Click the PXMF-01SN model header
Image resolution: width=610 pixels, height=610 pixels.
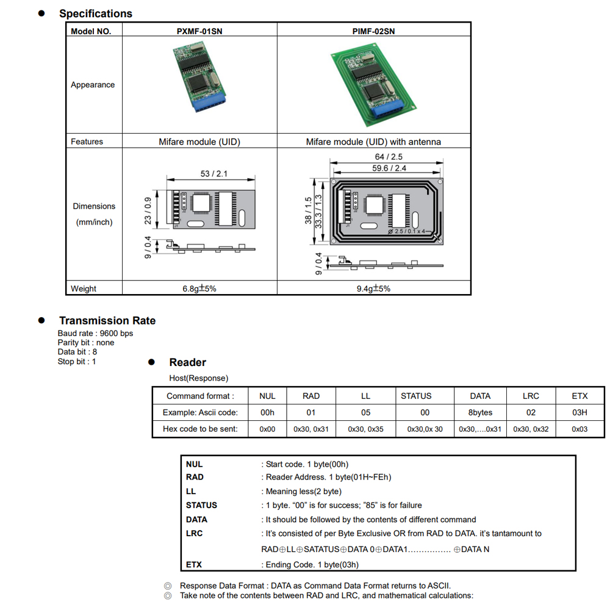pyautogui.click(x=199, y=31)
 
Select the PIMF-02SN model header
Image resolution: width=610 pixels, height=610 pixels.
pyautogui.click(x=373, y=31)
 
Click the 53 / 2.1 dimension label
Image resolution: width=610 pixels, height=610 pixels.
pyautogui.click(x=213, y=174)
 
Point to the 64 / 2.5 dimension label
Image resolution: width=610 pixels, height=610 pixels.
pyautogui.click(x=389, y=157)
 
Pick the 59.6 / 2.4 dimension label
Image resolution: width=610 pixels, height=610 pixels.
pyautogui.click(x=389, y=168)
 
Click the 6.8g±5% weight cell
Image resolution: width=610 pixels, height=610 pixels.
pyautogui.click(x=199, y=289)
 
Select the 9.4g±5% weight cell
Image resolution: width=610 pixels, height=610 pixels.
pyautogui.click(x=373, y=289)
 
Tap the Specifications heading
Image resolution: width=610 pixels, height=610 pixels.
pyautogui.click(x=96, y=13)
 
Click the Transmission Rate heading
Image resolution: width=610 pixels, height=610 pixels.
pyautogui.click(x=107, y=321)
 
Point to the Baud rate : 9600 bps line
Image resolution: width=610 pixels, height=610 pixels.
pyautogui.click(x=95, y=334)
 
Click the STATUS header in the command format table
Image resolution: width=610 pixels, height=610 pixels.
pyautogui.click(x=416, y=396)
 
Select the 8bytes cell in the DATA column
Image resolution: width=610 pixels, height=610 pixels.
pyautogui.click(x=480, y=412)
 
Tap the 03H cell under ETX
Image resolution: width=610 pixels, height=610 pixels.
pyautogui.click(x=579, y=412)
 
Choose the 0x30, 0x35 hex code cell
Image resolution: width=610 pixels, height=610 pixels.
pyautogui.click(x=365, y=429)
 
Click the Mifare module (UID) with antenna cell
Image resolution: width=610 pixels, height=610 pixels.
pyautogui.click(x=373, y=142)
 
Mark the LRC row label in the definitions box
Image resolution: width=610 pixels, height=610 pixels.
pyautogui.click(x=195, y=533)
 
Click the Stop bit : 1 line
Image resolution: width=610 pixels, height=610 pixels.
pyautogui.click(x=77, y=362)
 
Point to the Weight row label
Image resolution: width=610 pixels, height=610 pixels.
pyautogui.click(x=84, y=289)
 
